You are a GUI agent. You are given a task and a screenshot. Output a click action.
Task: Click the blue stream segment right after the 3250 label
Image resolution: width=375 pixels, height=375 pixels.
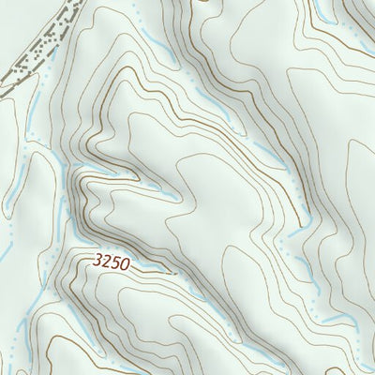159,270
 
